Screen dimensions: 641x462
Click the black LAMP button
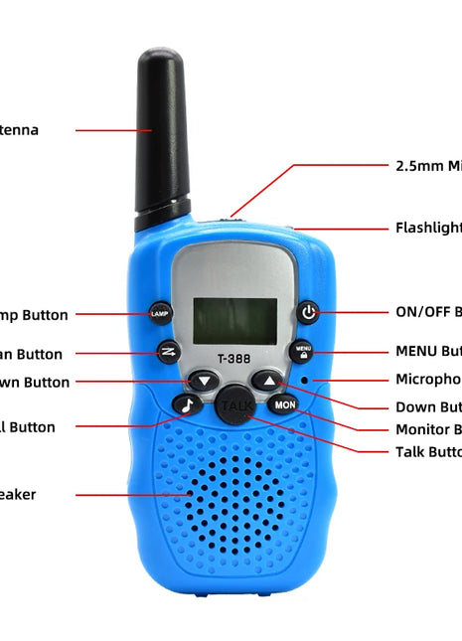click(x=160, y=314)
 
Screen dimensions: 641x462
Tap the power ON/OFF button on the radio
click(x=309, y=312)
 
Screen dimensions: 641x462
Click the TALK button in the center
click(x=235, y=406)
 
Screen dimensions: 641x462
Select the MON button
click(x=284, y=404)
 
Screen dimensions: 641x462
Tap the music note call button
click(x=187, y=404)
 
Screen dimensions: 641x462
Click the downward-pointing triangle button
click(x=204, y=381)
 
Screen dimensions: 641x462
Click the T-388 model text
click(x=234, y=361)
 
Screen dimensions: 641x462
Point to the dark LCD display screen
click(x=234, y=320)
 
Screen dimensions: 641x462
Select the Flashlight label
click(x=428, y=228)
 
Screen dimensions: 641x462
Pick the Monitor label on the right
click(x=428, y=429)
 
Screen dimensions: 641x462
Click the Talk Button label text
click(x=428, y=451)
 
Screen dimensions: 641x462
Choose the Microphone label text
click(x=428, y=379)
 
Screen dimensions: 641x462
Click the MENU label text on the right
click(x=428, y=351)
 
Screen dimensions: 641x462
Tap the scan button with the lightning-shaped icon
click(x=168, y=351)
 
